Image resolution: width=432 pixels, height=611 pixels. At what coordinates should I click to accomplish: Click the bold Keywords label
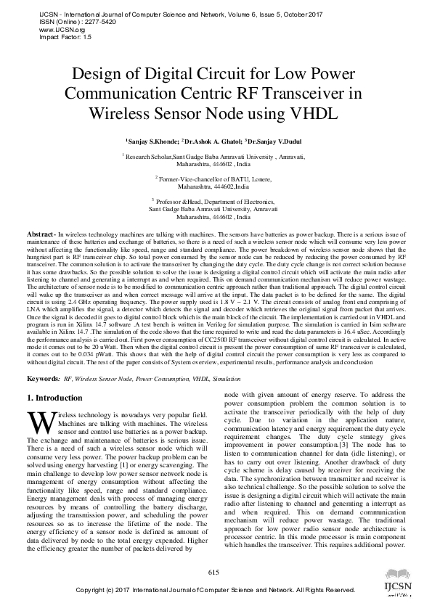[43, 380]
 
